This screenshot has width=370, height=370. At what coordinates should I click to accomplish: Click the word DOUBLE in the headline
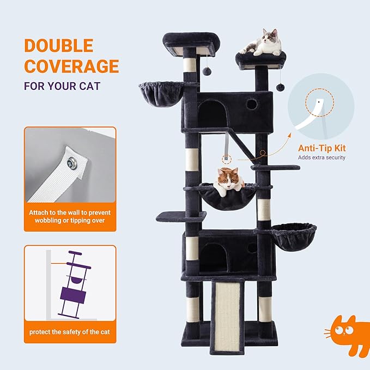coord(58,46)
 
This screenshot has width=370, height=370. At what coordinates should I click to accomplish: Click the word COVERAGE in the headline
coord(71,66)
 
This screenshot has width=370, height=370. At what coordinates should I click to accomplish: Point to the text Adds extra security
coord(321,157)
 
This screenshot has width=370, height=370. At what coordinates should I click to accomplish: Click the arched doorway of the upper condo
coord(213,116)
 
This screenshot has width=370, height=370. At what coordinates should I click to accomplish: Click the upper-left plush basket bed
coord(160,94)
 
